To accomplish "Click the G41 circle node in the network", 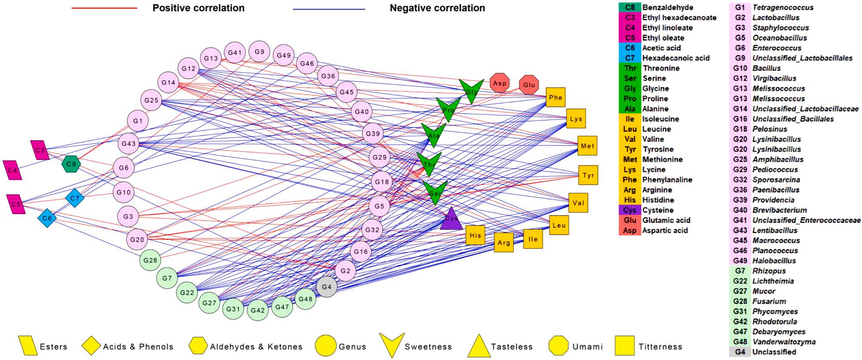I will [x=235, y=53].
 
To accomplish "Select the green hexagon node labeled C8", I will [x=71, y=164].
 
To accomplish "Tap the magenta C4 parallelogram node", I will [x=13, y=170].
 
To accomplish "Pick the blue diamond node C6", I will [x=47, y=218].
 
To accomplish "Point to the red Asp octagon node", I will [x=499, y=83].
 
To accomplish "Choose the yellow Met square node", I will [x=587, y=146].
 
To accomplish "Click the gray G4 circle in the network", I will [x=327, y=287].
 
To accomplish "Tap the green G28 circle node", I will [x=150, y=260].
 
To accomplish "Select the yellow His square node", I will [x=475, y=235].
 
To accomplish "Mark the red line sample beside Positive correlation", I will [x=104, y=8].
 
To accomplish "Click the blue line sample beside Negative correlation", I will [x=329, y=9].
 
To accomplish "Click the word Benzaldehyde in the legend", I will [x=668, y=7].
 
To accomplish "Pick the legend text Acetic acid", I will [x=661, y=48].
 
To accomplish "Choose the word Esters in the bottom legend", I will [x=53, y=347].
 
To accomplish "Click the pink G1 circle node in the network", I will [x=138, y=121].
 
